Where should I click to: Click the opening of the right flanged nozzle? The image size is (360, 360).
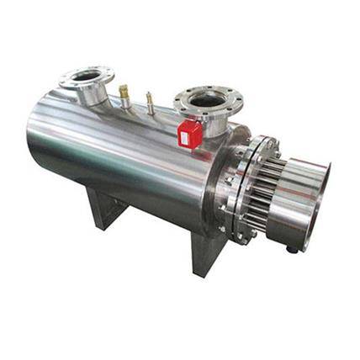click(204, 100)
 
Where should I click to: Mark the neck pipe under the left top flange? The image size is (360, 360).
click(95, 93)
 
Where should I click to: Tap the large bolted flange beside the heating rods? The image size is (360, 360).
click(237, 189)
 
